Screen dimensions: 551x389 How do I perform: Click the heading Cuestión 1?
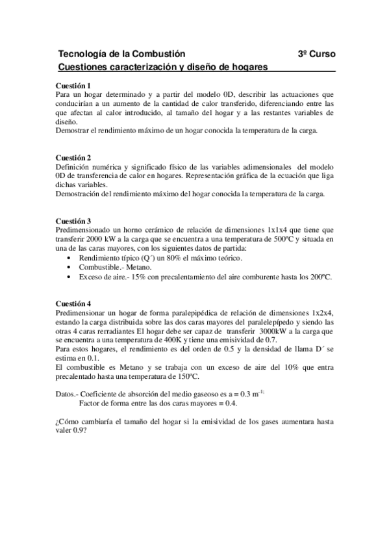73,86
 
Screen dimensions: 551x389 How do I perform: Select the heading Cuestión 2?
73,158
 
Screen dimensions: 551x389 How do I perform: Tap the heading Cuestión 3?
73,221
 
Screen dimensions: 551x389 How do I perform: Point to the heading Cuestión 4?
73,304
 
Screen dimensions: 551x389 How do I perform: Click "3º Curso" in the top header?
317,53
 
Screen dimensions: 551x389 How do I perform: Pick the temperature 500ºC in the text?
289,238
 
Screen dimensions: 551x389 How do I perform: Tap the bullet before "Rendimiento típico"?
69,259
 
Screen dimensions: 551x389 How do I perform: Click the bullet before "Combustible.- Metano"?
69,268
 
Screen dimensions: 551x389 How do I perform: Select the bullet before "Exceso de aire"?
69,277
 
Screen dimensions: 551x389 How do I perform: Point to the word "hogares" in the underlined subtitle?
251,66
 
